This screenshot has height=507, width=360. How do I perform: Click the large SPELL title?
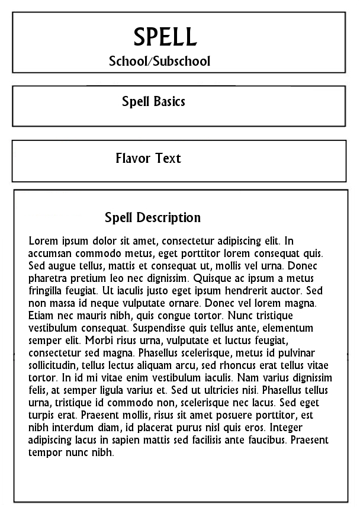(x=165, y=37)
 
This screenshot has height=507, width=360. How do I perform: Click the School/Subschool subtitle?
(x=159, y=61)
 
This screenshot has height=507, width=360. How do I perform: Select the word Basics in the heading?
(x=170, y=101)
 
